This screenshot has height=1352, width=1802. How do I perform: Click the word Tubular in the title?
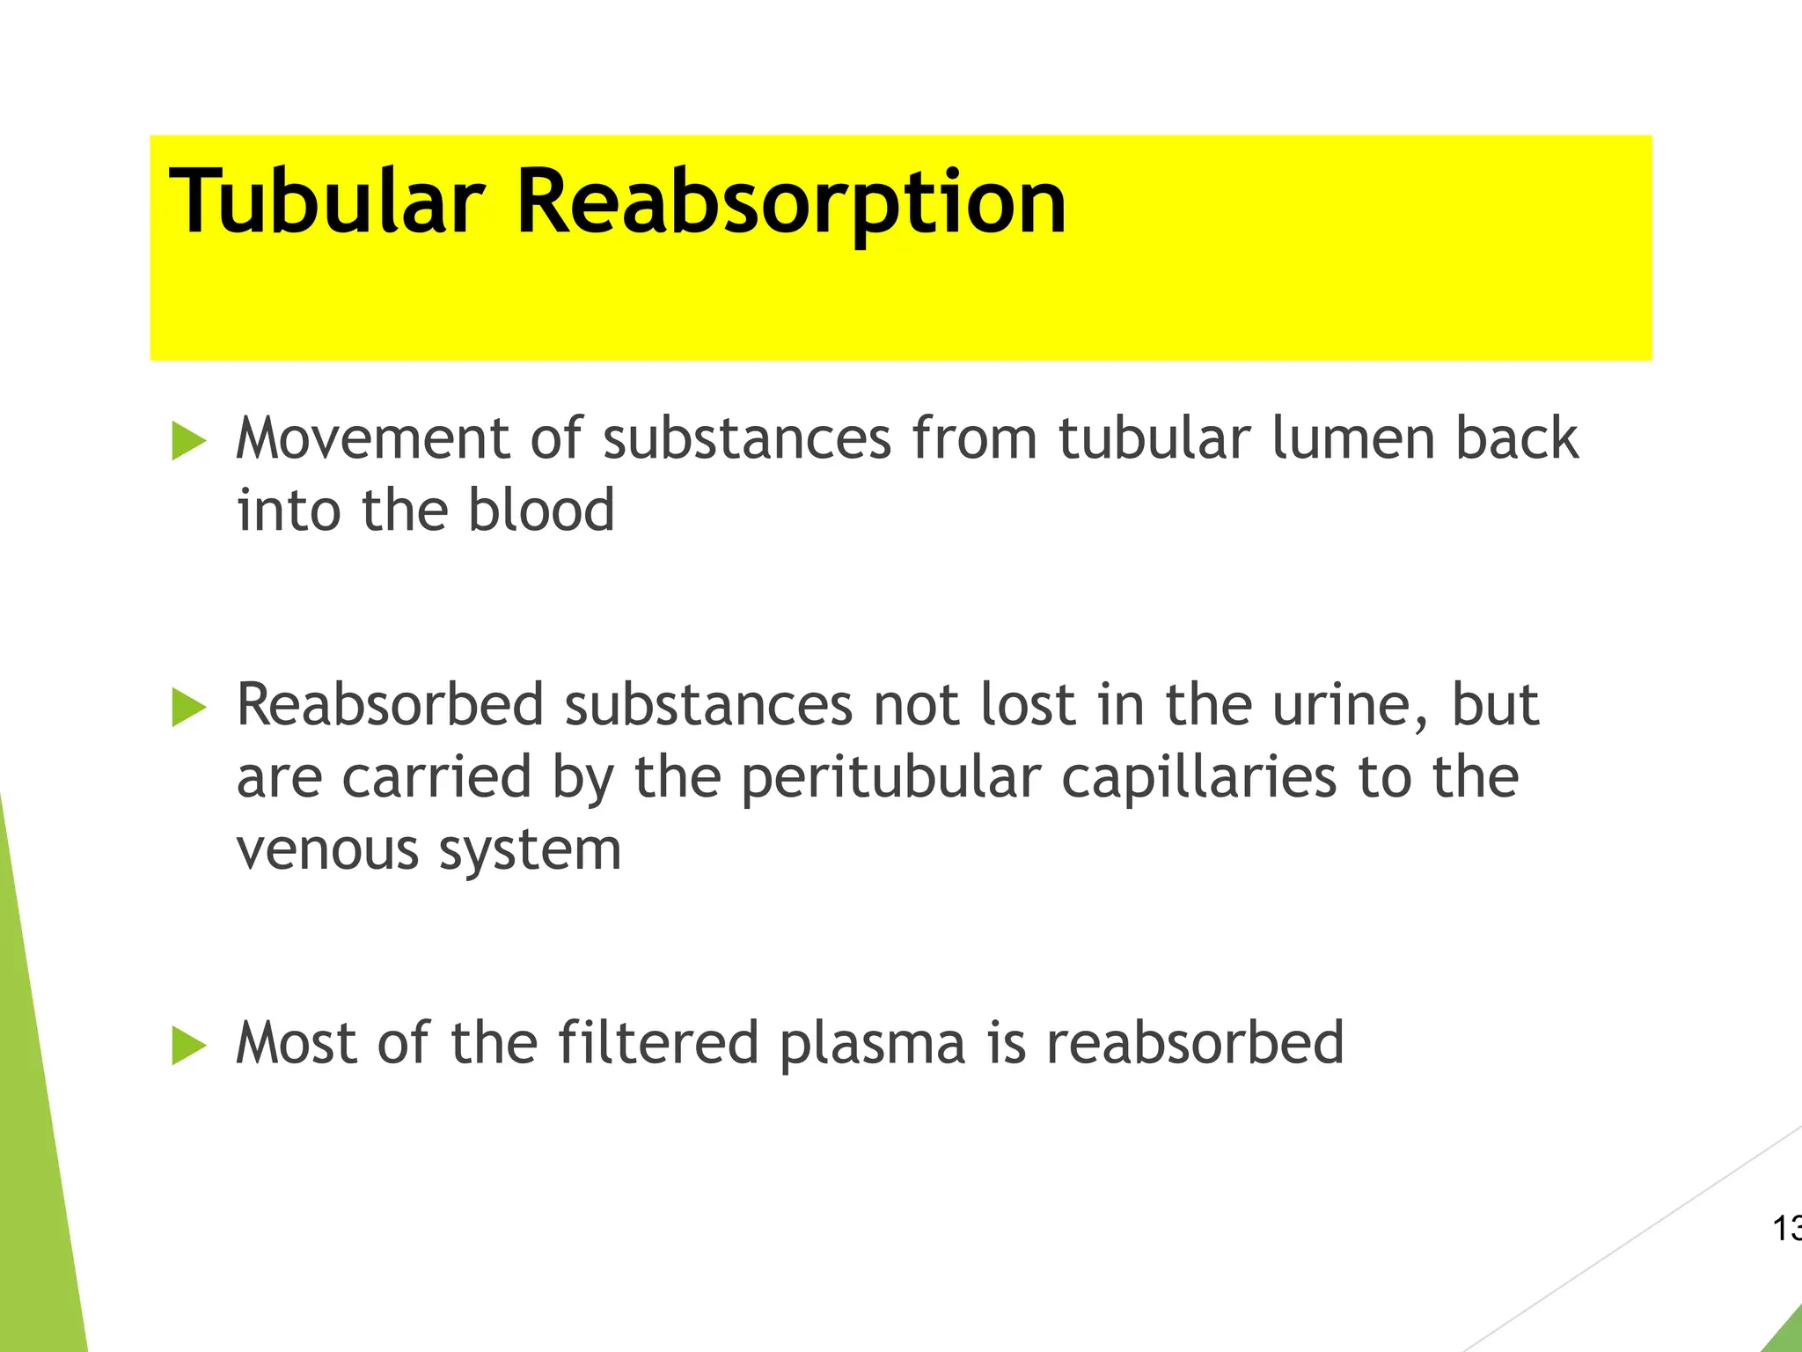326,202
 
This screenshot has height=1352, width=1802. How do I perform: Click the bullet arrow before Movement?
188,440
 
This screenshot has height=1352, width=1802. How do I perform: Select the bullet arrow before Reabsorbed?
188,708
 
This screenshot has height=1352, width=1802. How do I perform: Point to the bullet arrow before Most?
188,1045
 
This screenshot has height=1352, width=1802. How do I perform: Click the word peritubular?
890,780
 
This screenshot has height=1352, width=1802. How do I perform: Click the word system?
530,852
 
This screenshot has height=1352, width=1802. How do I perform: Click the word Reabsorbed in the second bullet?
390,705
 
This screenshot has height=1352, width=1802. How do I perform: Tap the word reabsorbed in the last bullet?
1195,1043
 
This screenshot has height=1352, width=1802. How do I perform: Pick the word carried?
436,778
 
